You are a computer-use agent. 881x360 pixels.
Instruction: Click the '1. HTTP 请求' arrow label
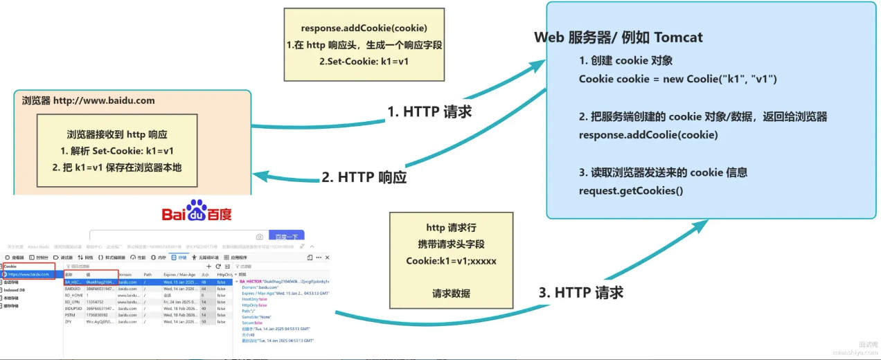click(429, 111)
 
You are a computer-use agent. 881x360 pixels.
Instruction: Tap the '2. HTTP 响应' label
click(364, 177)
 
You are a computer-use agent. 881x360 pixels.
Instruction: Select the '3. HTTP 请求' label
click(580, 292)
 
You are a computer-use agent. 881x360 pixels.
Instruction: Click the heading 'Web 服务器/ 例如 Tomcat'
click(619, 37)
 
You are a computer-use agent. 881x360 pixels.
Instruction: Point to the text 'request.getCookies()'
click(631, 190)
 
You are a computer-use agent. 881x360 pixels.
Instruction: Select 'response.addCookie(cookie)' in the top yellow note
click(364, 28)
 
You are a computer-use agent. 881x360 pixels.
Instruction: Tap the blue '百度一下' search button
click(285, 237)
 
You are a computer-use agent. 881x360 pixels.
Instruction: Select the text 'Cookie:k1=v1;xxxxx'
click(451, 261)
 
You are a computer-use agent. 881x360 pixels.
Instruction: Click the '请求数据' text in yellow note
click(451, 293)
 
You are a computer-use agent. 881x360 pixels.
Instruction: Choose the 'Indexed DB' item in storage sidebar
click(14, 290)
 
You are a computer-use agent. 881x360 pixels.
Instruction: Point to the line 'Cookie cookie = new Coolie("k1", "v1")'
click(678, 79)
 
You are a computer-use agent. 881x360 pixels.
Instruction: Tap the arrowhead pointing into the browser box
click(258, 175)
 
